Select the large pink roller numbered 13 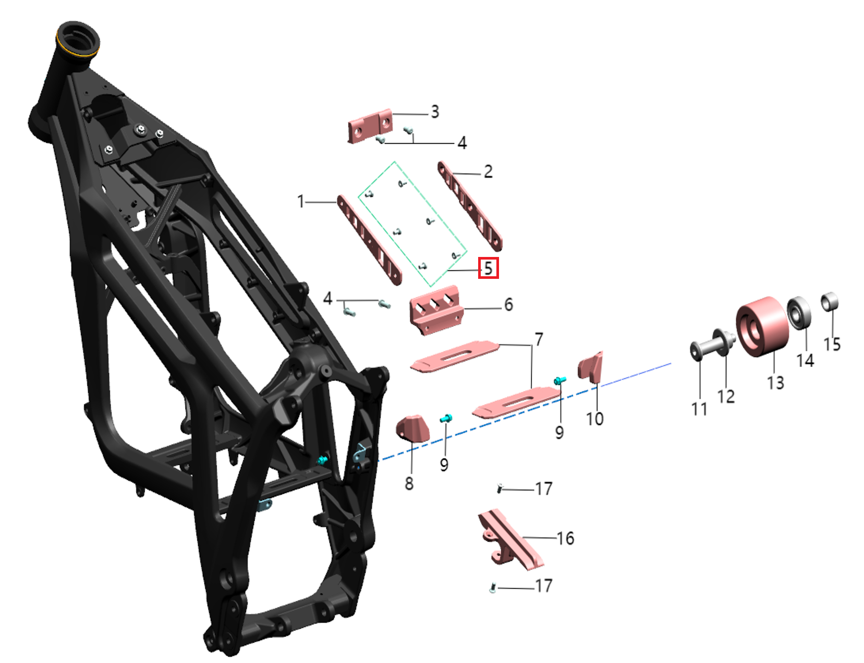tap(762, 326)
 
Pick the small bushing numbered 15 tap(830, 302)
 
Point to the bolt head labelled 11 tap(696, 351)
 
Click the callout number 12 tap(726, 396)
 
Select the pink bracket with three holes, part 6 tap(436, 310)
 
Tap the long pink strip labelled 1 tap(369, 240)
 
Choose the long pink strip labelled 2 tap(470, 206)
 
